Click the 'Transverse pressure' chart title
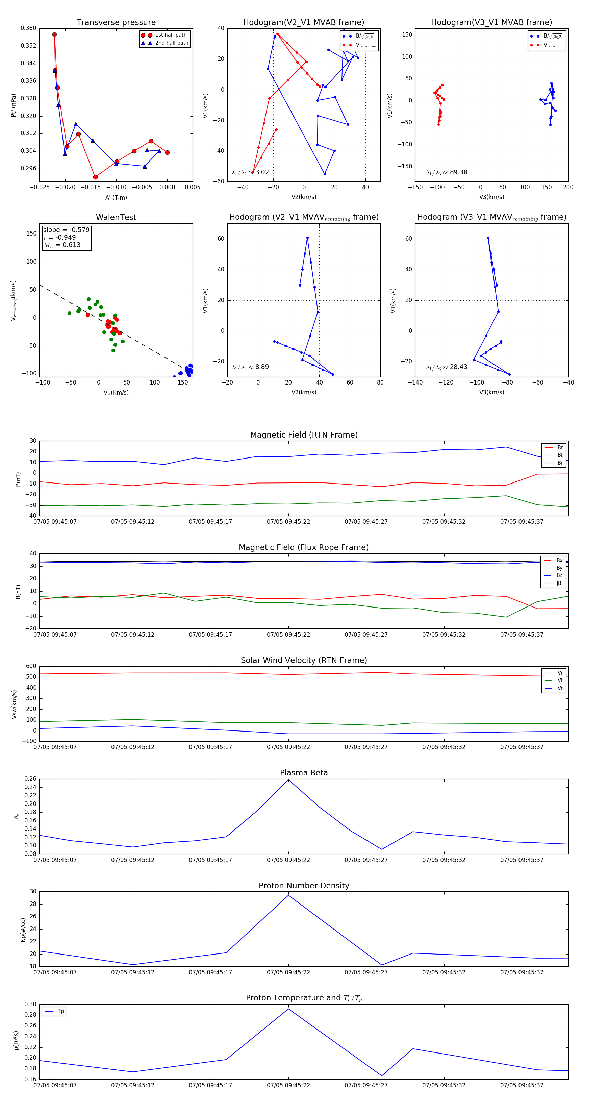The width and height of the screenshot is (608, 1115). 116,23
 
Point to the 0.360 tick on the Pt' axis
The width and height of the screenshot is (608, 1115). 29,28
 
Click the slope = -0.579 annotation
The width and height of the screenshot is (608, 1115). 66,230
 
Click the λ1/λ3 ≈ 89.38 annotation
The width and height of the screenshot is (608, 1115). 447,172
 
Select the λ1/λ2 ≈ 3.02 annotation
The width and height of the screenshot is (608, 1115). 250,172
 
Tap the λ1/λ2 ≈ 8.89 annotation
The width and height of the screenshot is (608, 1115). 250,367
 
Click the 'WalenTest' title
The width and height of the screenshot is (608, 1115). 116,217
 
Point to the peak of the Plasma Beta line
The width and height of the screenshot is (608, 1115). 289,779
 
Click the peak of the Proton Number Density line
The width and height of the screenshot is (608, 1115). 289,895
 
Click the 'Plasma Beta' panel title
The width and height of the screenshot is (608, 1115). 304,773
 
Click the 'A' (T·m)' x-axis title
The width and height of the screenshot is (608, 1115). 116,197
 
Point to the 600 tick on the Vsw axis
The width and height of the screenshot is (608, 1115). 31,666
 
